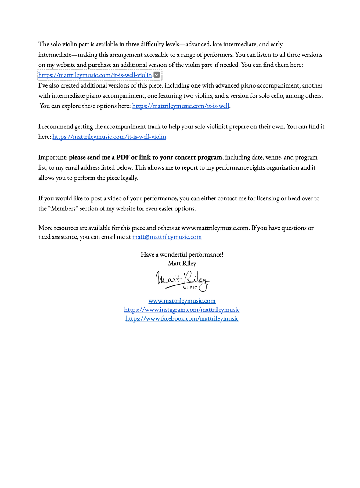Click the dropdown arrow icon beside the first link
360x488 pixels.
pos(157,75)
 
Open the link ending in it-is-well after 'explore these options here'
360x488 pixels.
pos(181,106)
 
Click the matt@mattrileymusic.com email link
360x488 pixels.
pos(167,237)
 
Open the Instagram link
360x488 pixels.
pos(182,310)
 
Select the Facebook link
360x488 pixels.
pos(182,318)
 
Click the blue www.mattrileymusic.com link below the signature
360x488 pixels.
pos(182,301)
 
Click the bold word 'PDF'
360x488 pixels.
pos(123,157)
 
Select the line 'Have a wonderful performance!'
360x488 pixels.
pos(182,254)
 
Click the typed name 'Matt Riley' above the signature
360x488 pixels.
pos(182,263)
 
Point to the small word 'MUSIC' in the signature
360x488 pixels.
pos(190,288)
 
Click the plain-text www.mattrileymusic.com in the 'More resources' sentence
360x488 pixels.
pos(215,228)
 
